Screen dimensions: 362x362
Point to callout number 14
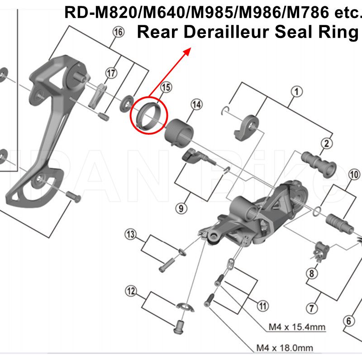pyautogui.click(x=196, y=105)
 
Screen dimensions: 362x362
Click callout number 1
pyautogui.click(x=296, y=92)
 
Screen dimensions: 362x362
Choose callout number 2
pyautogui.click(x=326, y=144)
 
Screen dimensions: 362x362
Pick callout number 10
pyautogui.click(x=354, y=174)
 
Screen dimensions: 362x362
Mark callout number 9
pyautogui.click(x=181, y=208)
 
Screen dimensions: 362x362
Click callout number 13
pyautogui.click(x=131, y=234)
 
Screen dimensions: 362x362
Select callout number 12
pyautogui.click(x=131, y=291)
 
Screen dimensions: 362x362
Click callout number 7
pyautogui.click(x=310, y=309)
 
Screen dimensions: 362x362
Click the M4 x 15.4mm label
pyautogui.click(x=296, y=327)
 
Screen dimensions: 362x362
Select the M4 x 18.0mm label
pyautogui.click(x=285, y=348)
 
